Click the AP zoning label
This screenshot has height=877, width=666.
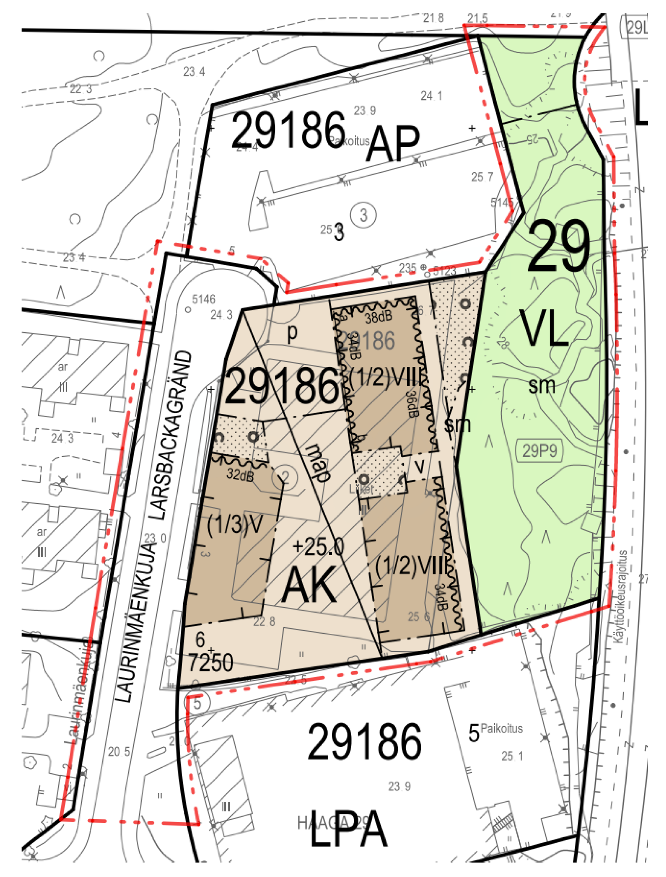coord(392,144)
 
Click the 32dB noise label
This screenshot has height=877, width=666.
coord(240,475)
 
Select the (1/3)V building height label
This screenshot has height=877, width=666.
coord(235,525)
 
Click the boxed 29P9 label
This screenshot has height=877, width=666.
coord(539,451)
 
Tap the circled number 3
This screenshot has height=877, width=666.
coord(363,215)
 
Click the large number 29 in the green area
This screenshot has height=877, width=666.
coord(558,247)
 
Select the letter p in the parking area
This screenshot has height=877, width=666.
coord(292,333)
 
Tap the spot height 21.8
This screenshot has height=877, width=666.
coord(433,18)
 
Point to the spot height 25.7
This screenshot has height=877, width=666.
coord(482,177)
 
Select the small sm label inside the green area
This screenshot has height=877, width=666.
coord(541,385)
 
